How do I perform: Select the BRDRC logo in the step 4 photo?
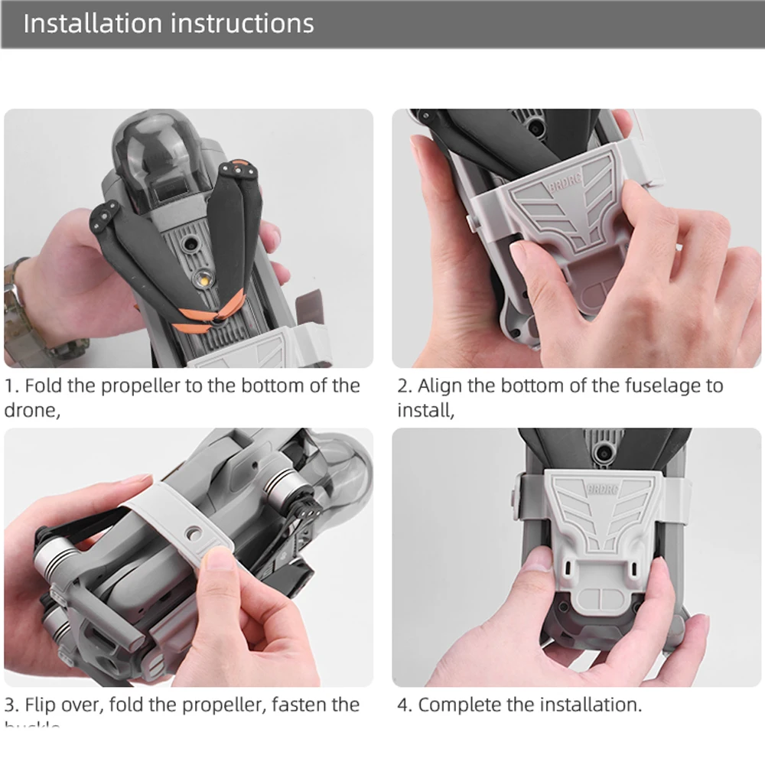[x=603, y=490]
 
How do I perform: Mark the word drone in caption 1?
[x=29, y=410]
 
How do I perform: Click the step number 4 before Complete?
[x=402, y=704]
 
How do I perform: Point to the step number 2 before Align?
[x=402, y=386]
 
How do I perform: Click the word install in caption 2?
[x=423, y=410]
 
